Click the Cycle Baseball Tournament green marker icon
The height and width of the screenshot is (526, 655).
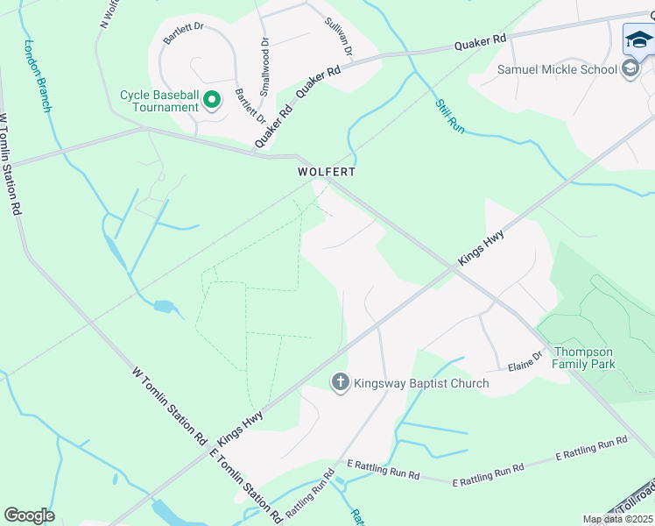[212, 101]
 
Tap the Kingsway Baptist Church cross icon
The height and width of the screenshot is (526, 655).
[340, 382]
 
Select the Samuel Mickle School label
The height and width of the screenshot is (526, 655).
[558, 69]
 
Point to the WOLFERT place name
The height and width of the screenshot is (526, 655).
[325, 173]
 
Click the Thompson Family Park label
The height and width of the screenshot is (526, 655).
[595, 358]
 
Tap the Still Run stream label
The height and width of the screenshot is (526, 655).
[450, 115]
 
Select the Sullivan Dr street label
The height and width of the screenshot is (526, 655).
[337, 38]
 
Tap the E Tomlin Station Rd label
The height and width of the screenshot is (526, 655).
[245, 485]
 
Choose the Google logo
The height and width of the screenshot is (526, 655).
[29, 515]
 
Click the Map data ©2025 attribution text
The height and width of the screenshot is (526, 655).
[617, 519]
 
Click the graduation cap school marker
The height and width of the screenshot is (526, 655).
[639, 39]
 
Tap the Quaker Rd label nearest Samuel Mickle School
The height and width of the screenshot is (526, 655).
[481, 42]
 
